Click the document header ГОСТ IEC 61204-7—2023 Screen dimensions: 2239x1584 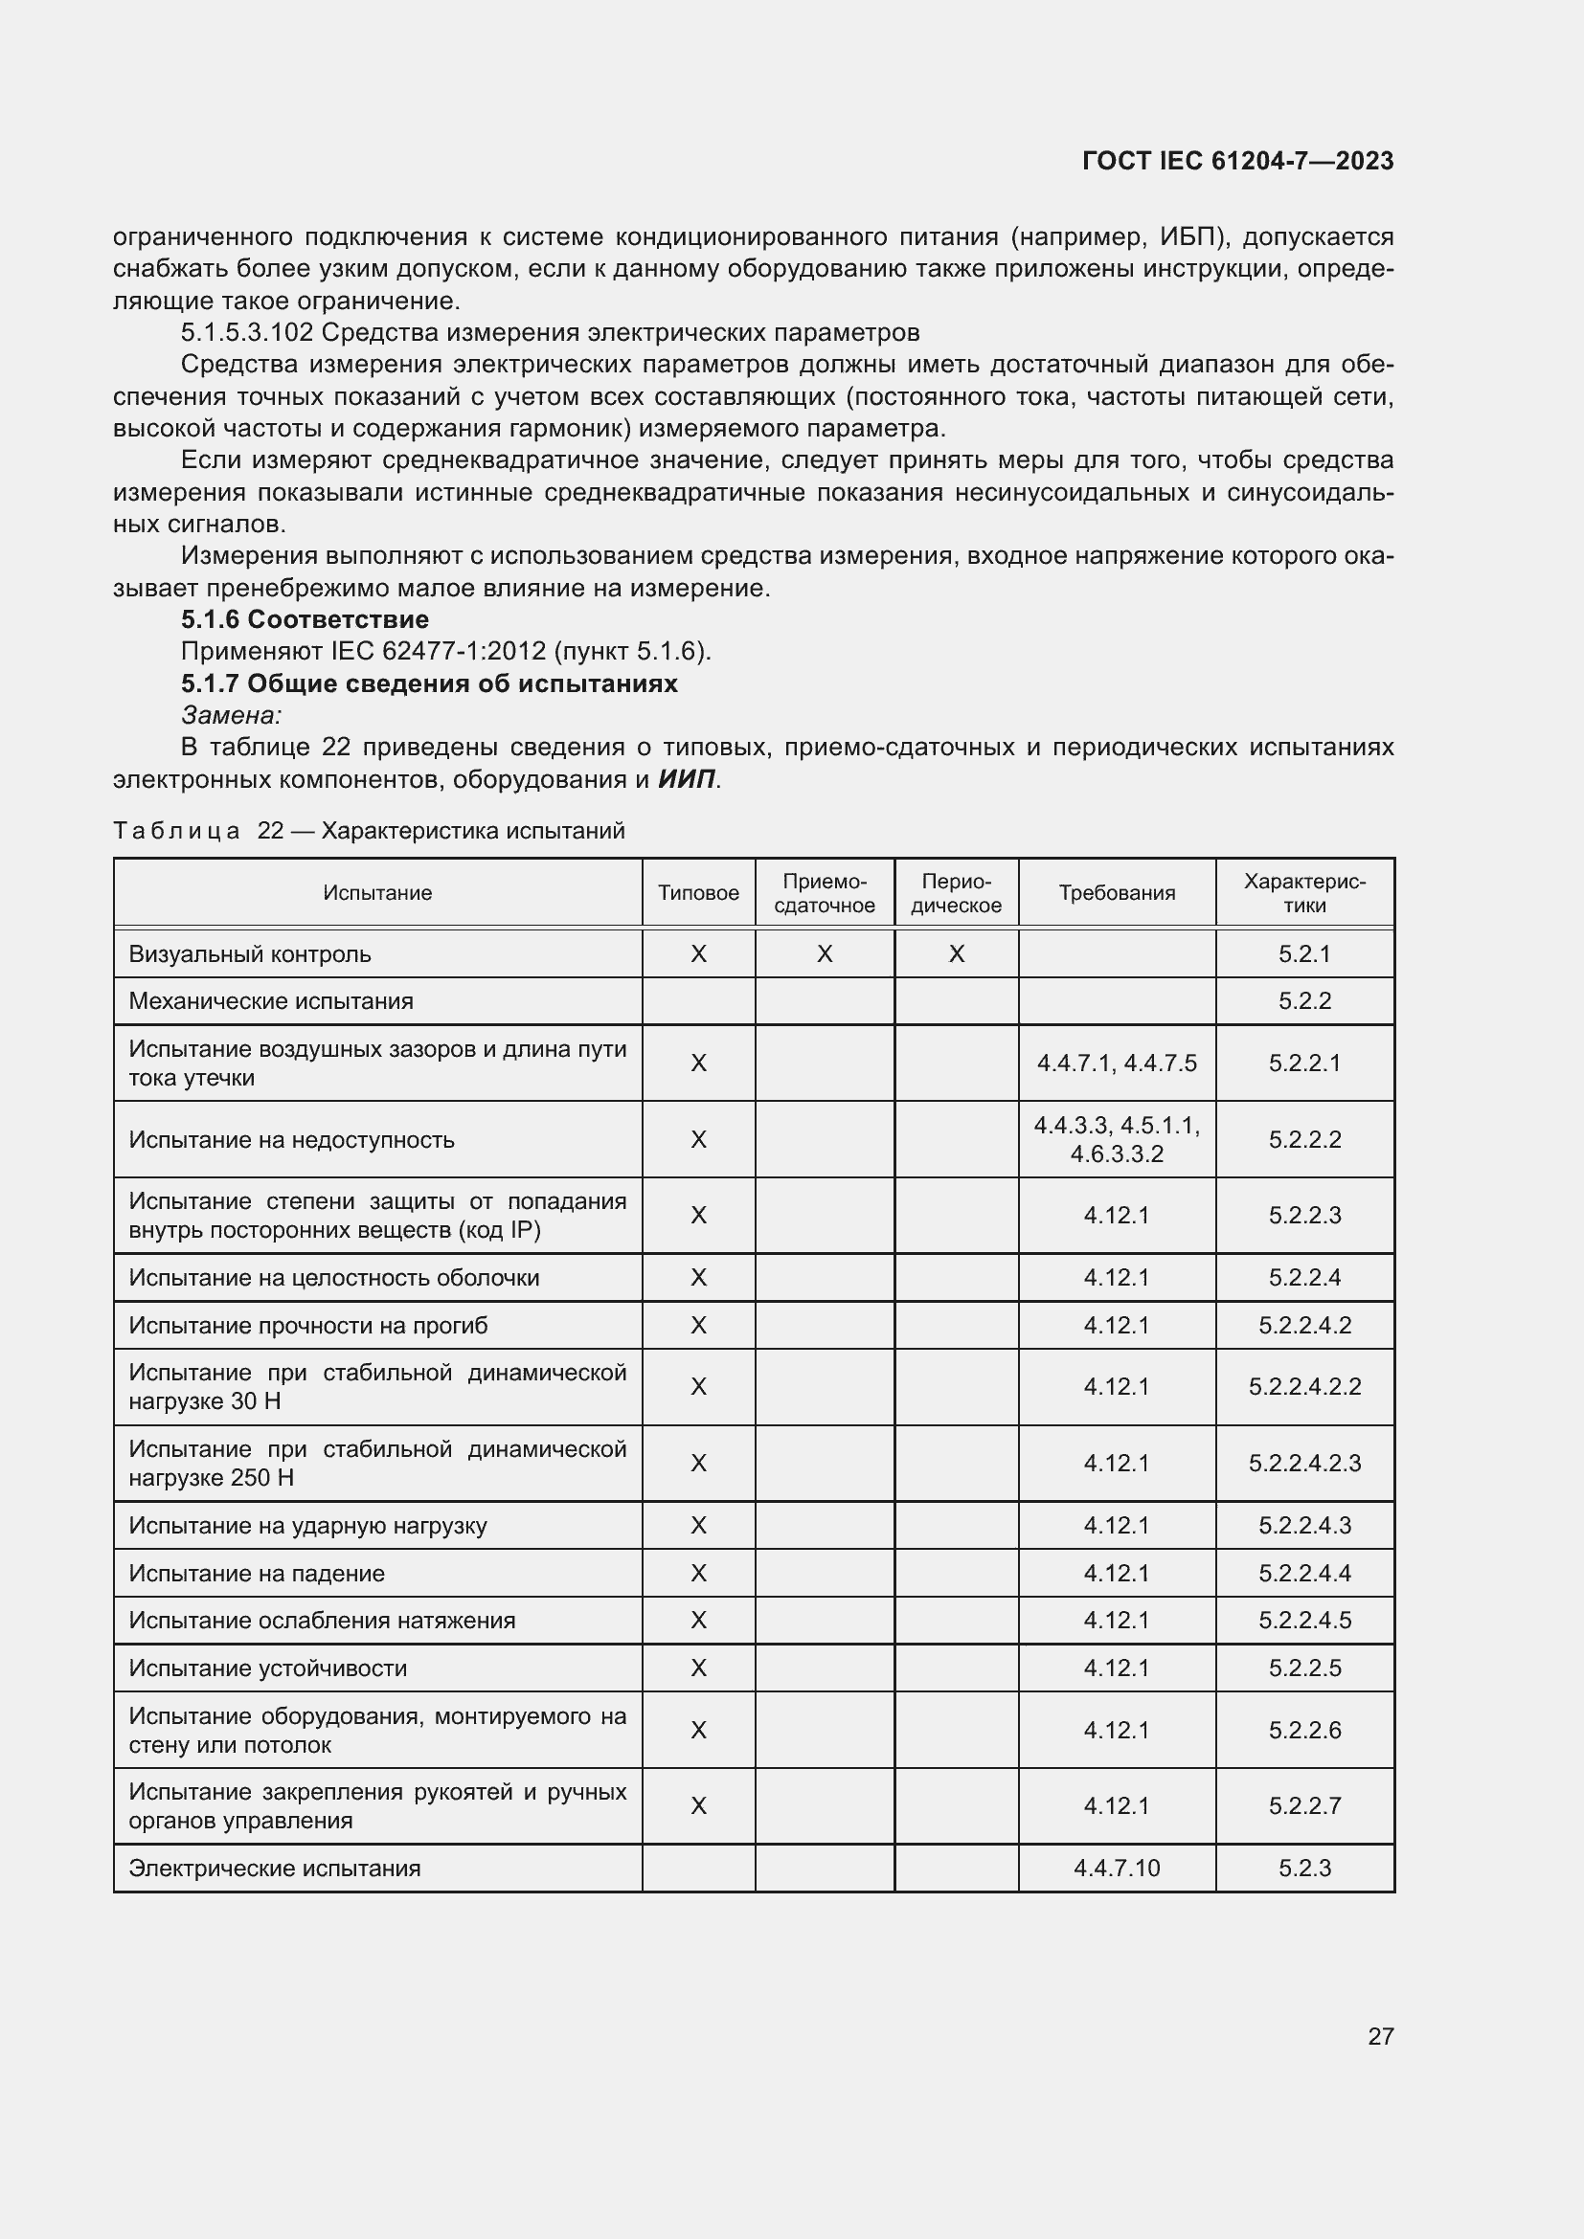point(1236,161)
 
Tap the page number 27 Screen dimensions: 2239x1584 point(1380,2036)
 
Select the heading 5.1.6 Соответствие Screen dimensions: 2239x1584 point(305,619)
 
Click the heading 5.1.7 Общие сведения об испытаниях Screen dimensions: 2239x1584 point(429,683)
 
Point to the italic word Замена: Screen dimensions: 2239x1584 point(231,716)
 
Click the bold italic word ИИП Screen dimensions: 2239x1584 point(687,779)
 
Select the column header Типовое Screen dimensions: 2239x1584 point(698,893)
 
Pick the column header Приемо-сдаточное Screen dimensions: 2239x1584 point(825,893)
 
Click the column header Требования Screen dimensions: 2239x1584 point(1117,893)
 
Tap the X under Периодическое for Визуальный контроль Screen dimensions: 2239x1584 point(956,953)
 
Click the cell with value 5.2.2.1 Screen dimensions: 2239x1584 point(1304,1063)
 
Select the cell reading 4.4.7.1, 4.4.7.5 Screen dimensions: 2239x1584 point(1117,1063)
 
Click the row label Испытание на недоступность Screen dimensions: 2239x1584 point(292,1139)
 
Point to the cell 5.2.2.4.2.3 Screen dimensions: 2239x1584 point(1304,1463)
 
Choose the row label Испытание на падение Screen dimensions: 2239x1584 point(257,1573)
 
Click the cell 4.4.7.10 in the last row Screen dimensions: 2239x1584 point(1117,1868)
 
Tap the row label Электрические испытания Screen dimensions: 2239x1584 point(275,1868)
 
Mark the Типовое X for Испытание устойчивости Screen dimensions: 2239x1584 point(698,1668)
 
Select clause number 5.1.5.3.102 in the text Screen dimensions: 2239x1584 point(247,332)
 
